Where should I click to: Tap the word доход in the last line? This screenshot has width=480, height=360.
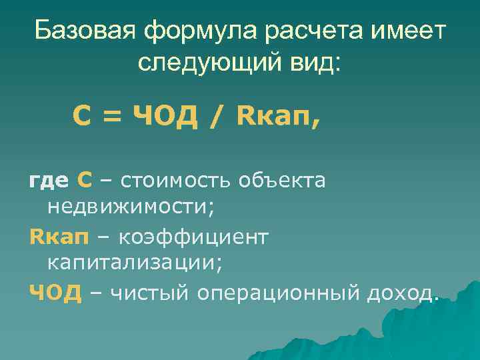click(x=400, y=291)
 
